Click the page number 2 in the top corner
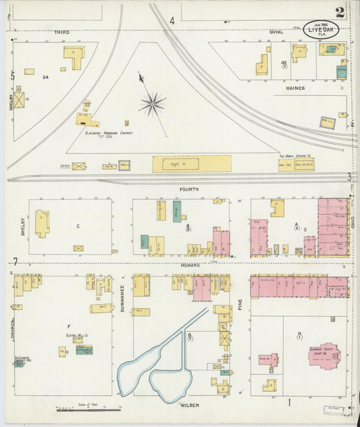339,11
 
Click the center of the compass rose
153,103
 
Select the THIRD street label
61,32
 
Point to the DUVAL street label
276,32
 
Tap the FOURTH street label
190,190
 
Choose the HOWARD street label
190,266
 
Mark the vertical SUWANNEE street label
122,295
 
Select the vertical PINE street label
240,295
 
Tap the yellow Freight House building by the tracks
192,164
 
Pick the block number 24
45,77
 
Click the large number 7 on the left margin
15,261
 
